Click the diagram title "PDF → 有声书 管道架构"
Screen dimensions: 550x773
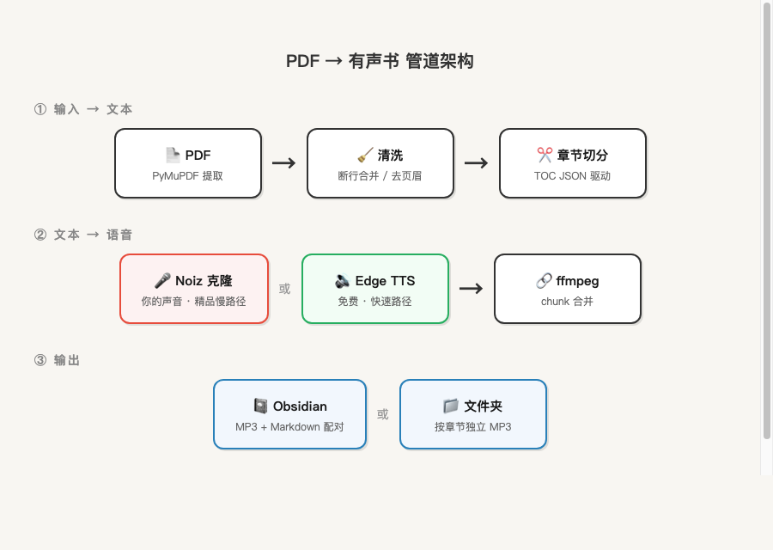[x=380, y=61]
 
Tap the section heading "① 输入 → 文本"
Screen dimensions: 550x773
[x=83, y=109]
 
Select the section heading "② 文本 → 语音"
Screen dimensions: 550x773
[x=83, y=235]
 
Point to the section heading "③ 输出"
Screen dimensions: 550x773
[x=57, y=360]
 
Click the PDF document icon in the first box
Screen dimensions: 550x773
[x=173, y=155]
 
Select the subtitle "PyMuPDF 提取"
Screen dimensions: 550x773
[x=187, y=176]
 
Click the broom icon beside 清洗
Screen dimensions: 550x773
[x=365, y=155]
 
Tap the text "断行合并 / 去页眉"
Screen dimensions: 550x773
[x=380, y=176]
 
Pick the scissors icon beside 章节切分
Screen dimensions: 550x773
[x=545, y=155]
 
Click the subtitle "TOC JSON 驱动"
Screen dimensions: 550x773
[x=572, y=176]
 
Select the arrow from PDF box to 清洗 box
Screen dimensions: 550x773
[x=283, y=163]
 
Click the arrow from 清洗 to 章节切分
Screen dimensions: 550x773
[x=476, y=163]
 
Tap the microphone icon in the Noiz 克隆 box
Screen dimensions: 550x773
[x=162, y=281]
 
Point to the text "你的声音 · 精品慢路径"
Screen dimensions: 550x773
[x=193, y=302]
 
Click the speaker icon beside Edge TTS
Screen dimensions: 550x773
[x=343, y=281]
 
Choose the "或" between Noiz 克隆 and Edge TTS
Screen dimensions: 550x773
[x=284, y=289]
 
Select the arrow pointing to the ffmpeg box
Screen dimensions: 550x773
[x=471, y=289]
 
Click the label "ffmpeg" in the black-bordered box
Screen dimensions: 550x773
[x=577, y=281]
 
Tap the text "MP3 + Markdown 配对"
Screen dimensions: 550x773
[x=289, y=427]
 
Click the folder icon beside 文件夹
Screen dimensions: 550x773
[x=451, y=406]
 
